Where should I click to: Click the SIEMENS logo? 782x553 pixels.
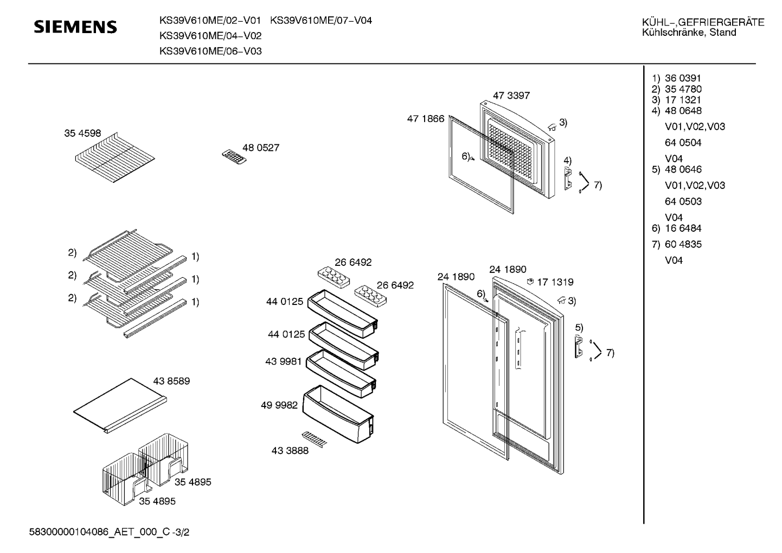pyautogui.click(x=75, y=27)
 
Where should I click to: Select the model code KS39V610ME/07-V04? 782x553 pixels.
pyautogui.click(x=321, y=21)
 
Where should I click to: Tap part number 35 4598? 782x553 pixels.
pyautogui.click(x=82, y=133)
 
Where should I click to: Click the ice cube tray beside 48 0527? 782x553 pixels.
pyautogui.click(x=234, y=157)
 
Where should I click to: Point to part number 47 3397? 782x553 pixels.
pyautogui.click(x=511, y=96)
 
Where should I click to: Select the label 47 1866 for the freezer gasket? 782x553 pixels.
pyautogui.click(x=426, y=119)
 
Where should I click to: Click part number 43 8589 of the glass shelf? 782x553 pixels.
pyautogui.click(x=171, y=381)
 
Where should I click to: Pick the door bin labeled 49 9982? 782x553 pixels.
pyautogui.click(x=338, y=414)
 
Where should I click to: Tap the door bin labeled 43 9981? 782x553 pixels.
pyautogui.click(x=341, y=374)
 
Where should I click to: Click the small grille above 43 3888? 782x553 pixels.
pyautogui.click(x=314, y=439)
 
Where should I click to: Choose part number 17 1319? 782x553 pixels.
pyautogui.click(x=555, y=282)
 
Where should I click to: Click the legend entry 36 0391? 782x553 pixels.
pyautogui.click(x=683, y=78)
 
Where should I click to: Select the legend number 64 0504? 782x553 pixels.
pyautogui.click(x=683, y=143)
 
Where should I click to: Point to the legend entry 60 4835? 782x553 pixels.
pyautogui.click(x=683, y=244)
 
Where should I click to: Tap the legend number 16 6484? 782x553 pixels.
pyautogui.click(x=683, y=228)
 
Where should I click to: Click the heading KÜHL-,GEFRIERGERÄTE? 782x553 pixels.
pyautogui.click(x=703, y=22)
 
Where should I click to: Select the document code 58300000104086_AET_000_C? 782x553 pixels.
pyautogui.click(x=99, y=532)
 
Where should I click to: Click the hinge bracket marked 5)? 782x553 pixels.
pyautogui.click(x=579, y=347)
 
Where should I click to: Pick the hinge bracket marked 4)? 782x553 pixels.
pyautogui.click(x=568, y=179)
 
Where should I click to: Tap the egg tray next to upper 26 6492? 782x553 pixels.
pyautogui.click(x=334, y=277)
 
